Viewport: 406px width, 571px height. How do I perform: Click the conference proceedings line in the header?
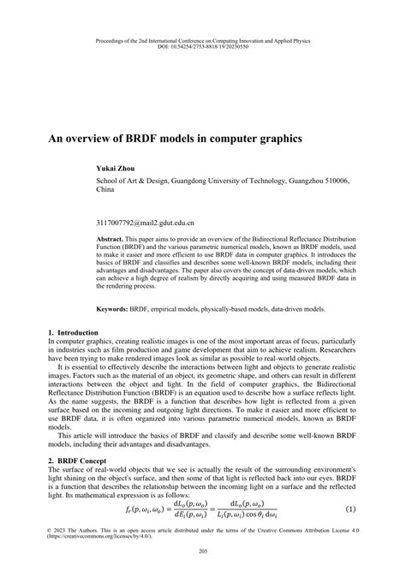click(x=203, y=39)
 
